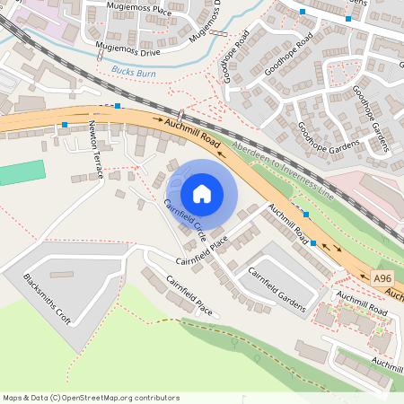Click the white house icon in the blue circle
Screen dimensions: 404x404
pyautogui.click(x=202, y=193)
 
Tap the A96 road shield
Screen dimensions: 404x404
pyautogui.click(x=383, y=278)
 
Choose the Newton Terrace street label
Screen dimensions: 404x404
pyautogui.click(x=95, y=147)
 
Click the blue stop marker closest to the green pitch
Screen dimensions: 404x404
pyautogui.click(x=65, y=125)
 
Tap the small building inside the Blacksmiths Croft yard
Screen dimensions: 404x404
pyautogui.click(x=61, y=274)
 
